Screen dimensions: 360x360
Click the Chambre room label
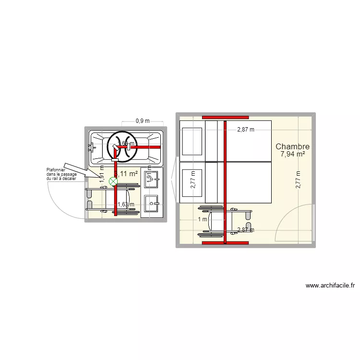click(x=292, y=147)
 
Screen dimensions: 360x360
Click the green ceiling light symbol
click(x=113, y=181)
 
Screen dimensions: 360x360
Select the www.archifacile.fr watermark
click(x=330, y=286)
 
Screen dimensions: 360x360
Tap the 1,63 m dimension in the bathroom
click(x=126, y=204)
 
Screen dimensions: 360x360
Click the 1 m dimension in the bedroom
click(x=203, y=219)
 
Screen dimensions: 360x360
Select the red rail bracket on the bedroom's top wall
click(x=225, y=117)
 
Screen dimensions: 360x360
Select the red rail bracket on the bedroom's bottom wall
click(x=225, y=243)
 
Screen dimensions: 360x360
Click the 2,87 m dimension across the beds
click(x=245, y=129)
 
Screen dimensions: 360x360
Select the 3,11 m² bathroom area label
click(x=126, y=174)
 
